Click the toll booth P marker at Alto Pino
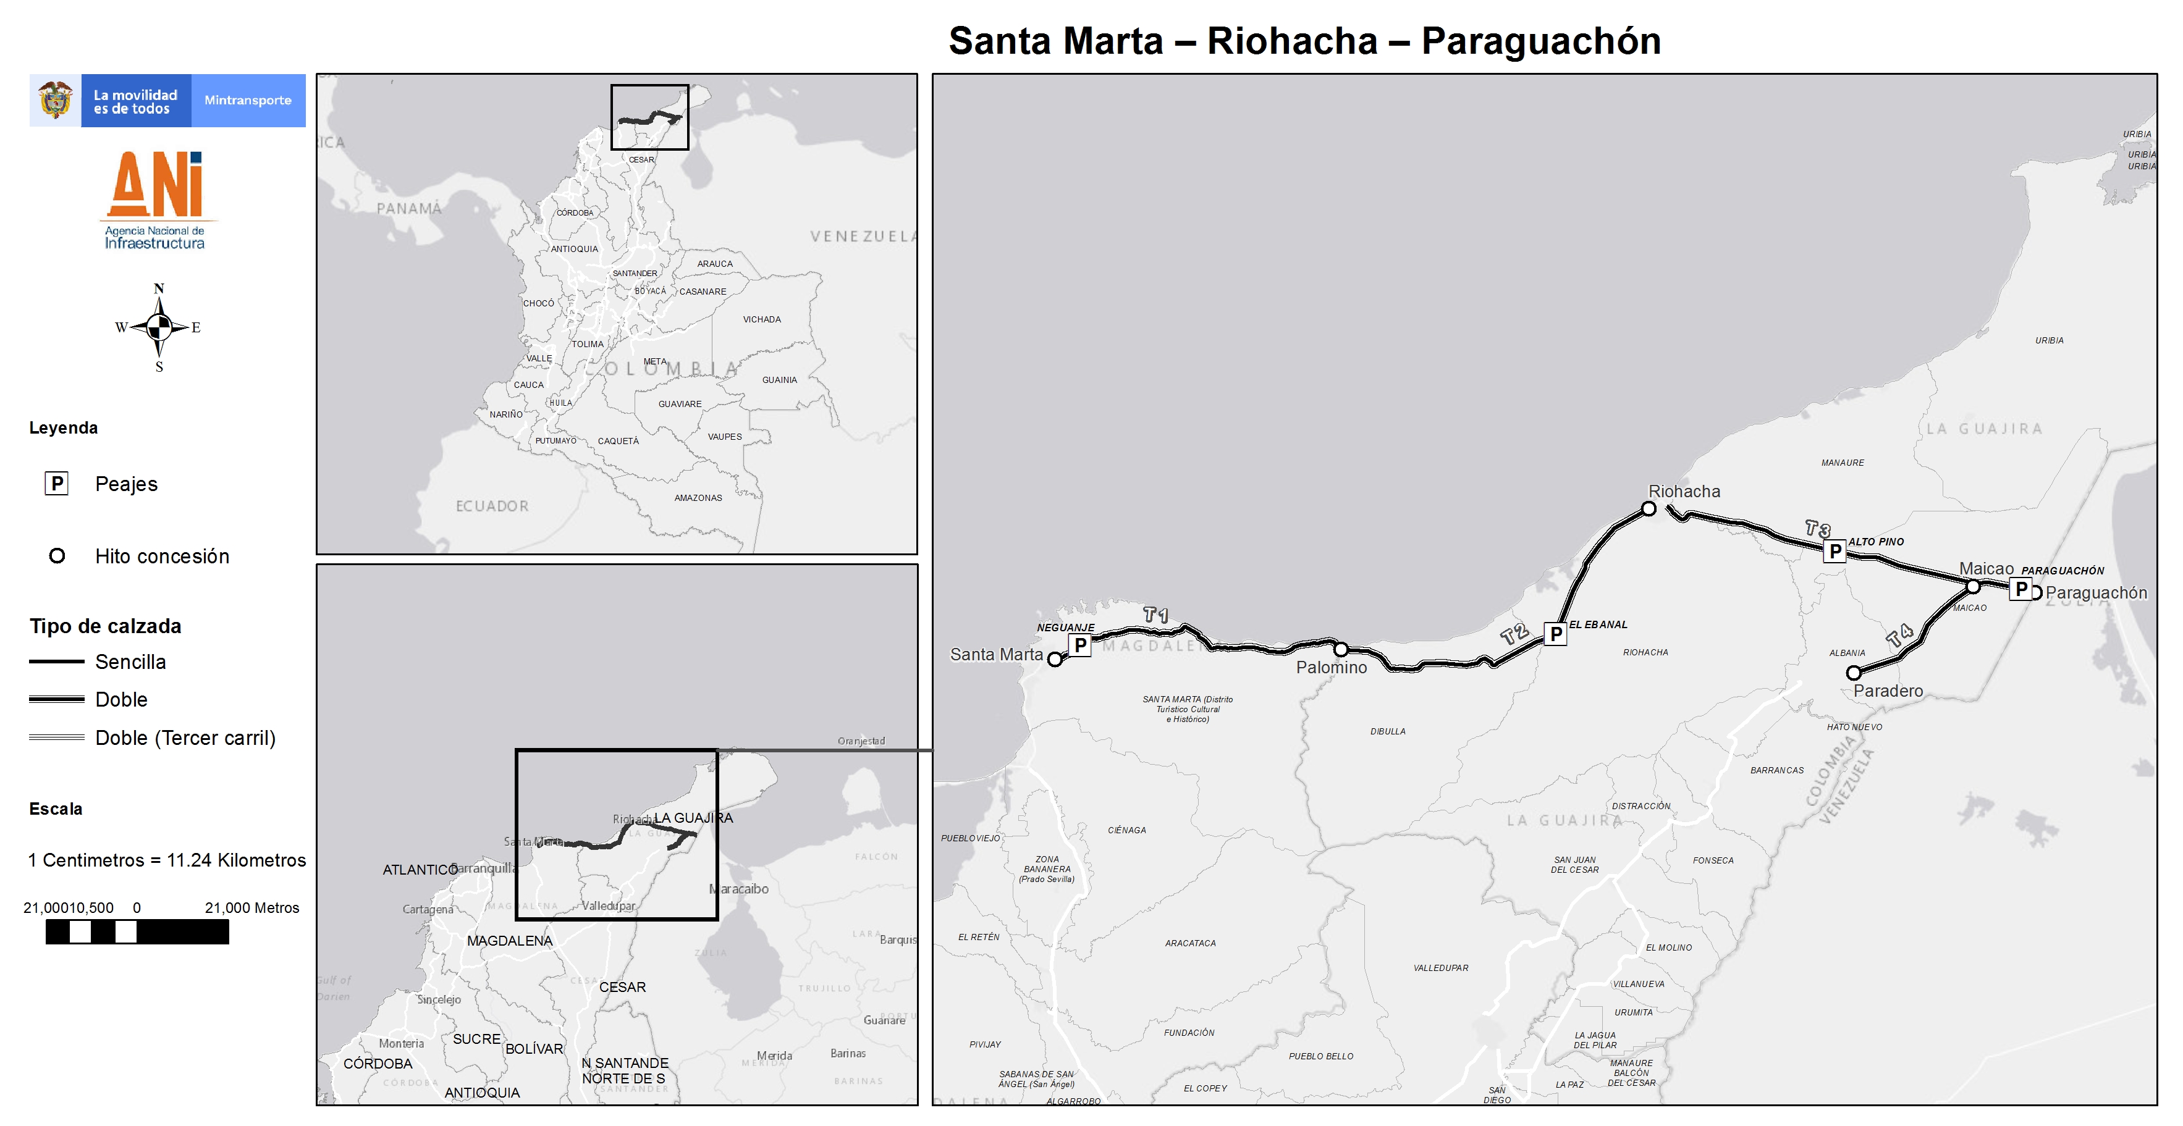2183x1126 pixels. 1835,552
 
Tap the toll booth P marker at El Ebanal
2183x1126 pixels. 1555,634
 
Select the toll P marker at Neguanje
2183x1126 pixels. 1079,645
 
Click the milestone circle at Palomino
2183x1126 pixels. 1341,650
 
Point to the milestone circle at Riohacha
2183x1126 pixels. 1649,509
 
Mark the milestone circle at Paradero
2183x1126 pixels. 1853,673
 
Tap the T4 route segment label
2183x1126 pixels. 1900,636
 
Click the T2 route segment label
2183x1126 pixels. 1514,634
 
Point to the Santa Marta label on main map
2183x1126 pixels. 996,654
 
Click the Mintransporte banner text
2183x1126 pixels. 247,100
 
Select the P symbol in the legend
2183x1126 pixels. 57,484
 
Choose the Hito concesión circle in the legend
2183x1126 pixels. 57,556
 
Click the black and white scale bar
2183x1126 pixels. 137,932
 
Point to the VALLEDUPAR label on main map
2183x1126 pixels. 1441,967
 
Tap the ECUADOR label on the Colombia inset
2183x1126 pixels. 491,506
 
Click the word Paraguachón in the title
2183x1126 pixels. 1540,41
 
